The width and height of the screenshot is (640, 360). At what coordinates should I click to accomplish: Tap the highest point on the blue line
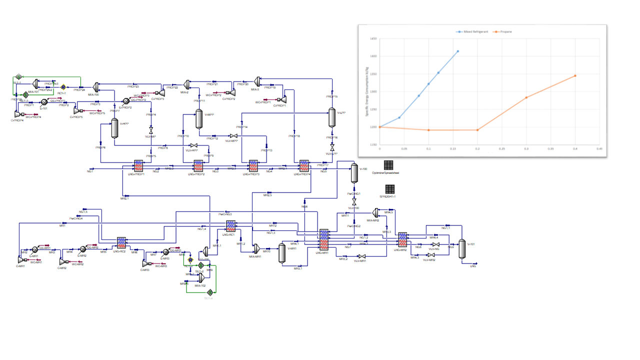click(x=457, y=51)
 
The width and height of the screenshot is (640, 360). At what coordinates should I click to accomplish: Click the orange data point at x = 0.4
click(x=575, y=75)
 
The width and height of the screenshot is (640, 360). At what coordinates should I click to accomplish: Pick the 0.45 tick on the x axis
click(x=599, y=148)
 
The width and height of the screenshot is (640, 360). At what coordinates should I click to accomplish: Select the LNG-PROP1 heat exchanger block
click(x=138, y=166)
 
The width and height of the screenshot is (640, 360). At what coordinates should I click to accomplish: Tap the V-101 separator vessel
click(x=462, y=248)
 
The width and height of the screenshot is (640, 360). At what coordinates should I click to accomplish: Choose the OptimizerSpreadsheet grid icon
click(x=388, y=164)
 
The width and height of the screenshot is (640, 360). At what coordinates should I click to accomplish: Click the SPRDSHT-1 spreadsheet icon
click(x=390, y=189)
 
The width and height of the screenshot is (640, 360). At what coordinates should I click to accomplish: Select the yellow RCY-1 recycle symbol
click(x=63, y=87)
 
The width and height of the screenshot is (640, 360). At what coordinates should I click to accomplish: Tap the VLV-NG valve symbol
click(x=435, y=244)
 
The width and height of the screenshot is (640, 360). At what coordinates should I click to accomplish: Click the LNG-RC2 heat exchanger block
click(x=121, y=242)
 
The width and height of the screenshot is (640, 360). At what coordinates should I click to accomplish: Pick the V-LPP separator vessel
click(x=331, y=118)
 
